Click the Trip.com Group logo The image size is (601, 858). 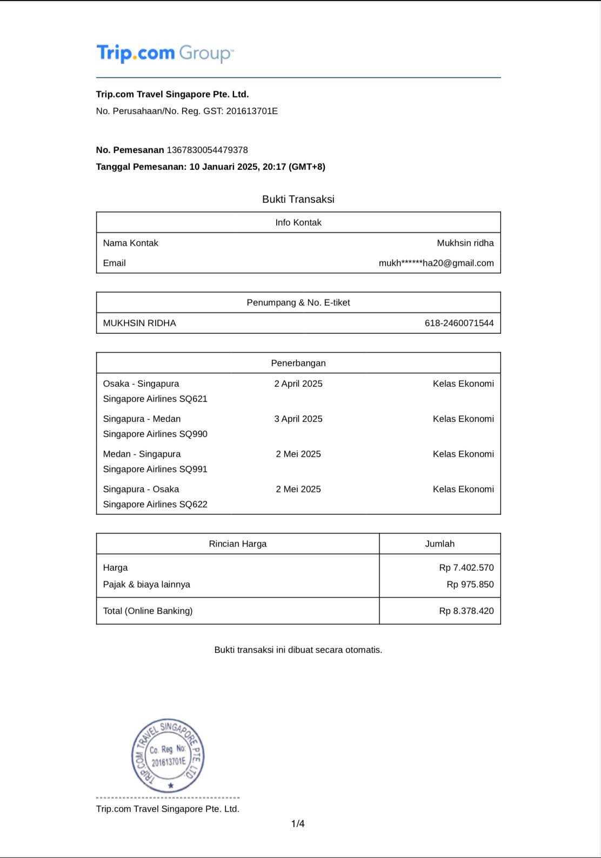(165, 54)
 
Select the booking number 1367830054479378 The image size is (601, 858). (207, 150)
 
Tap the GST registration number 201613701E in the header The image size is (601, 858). (252, 111)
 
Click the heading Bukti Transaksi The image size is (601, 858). (298, 199)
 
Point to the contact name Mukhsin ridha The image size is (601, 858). (465, 243)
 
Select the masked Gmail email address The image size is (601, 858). (436, 263)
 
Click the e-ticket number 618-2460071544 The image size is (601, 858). (459, 324)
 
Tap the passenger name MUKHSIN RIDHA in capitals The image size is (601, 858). (139, 324)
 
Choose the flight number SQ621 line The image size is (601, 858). (155, 399)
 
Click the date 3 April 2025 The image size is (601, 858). (298, 419)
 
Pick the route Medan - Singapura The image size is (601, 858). (142, 454)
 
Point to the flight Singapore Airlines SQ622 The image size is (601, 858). (155, 505)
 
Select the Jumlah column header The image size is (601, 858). (439, 544)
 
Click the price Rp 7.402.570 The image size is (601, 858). (466, 568)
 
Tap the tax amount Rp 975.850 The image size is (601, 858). (470, 585)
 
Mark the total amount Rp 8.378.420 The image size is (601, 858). (466, 611)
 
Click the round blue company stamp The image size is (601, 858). (168, 756)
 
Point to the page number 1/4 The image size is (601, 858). (298, 824)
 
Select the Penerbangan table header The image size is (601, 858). (298, 364)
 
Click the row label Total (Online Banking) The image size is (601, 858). (148, 611)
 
